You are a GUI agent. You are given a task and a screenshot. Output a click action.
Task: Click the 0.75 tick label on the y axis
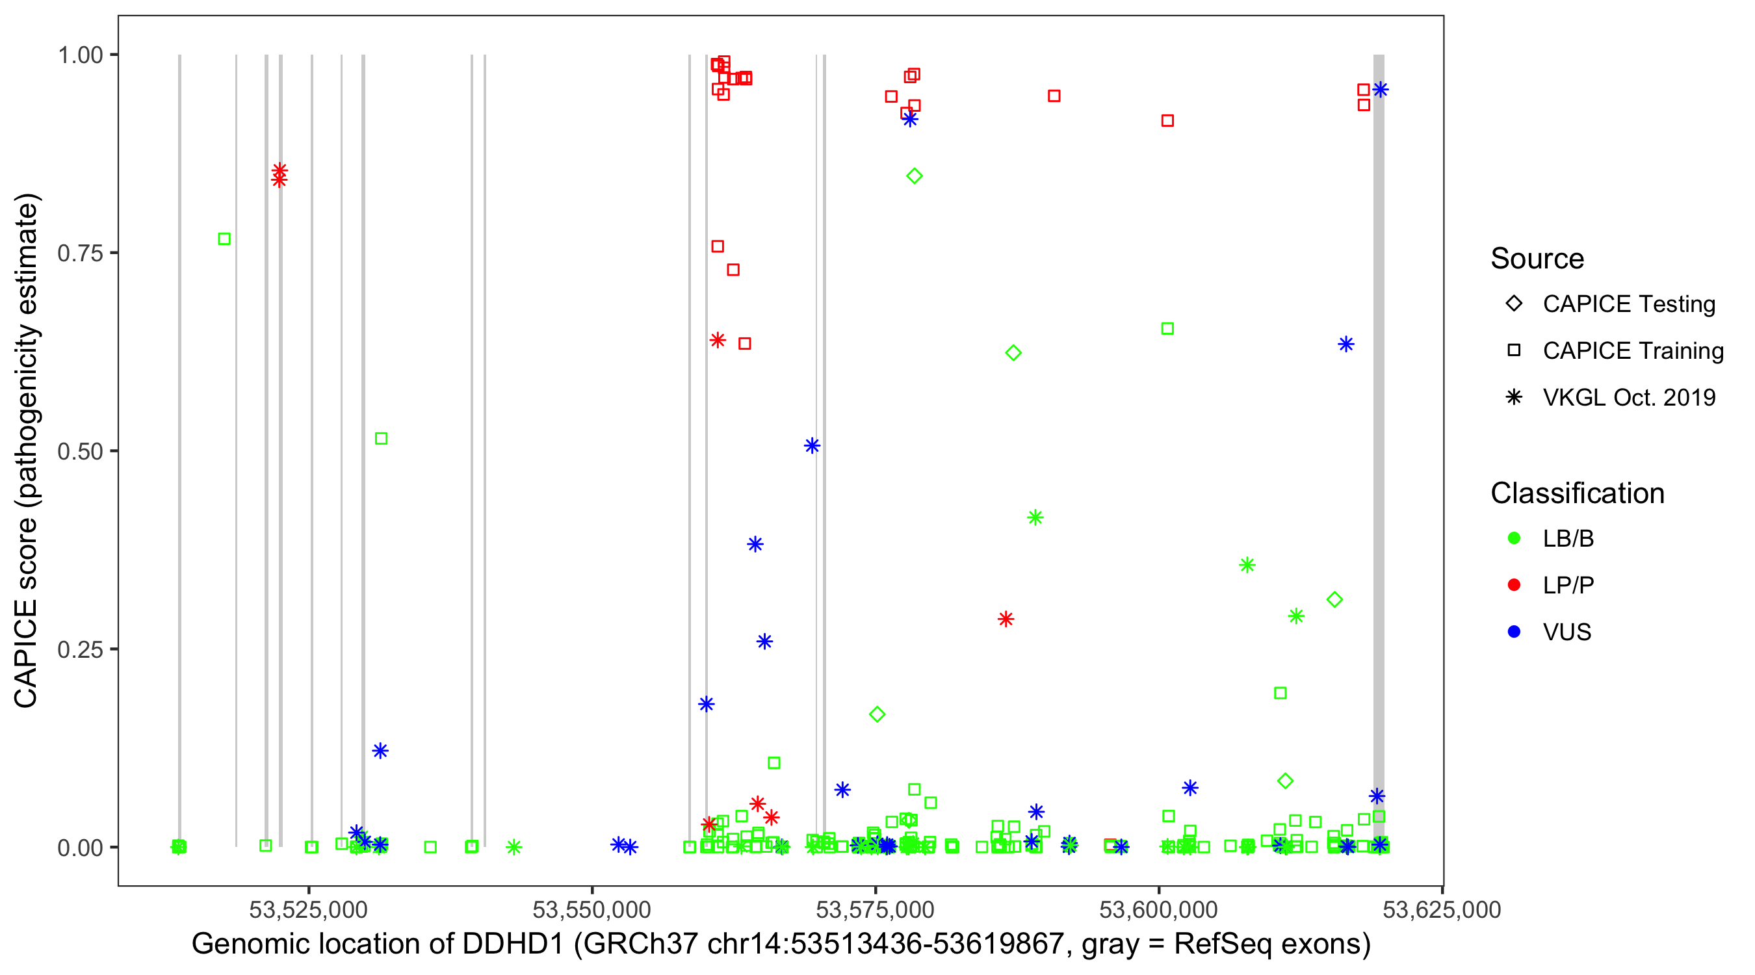(x=79, y=253)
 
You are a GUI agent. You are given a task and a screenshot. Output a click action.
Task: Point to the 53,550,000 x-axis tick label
(x=592, y=909)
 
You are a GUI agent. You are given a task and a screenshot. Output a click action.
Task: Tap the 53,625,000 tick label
(x=1442, y=909)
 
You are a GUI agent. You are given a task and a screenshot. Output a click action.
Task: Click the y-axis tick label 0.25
(x=79, y=649)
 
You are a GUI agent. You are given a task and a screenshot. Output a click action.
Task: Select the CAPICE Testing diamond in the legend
(x=1514, y=304)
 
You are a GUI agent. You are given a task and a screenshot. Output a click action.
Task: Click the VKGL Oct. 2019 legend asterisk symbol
(x=1514, y=397)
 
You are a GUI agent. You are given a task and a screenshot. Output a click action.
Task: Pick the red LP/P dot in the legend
(x=1514, y=585)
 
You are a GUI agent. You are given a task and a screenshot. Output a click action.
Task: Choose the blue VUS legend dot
(x=1514, y=632)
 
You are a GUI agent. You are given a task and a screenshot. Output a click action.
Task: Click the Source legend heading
(x=1537, y=259)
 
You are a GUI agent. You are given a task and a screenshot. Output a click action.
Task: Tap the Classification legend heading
(x=1577, y=493)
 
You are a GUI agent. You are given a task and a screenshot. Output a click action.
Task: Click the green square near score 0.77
(x=224, y=239)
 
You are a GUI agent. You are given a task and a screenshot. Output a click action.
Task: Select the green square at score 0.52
(x=382, y=438)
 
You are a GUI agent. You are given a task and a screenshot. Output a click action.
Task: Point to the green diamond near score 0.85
(x=915, y=176)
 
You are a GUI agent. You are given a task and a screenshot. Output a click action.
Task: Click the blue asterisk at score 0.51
(x=812, y=446)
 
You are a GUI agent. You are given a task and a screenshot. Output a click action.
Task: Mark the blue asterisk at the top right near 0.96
(x=1381, y=90)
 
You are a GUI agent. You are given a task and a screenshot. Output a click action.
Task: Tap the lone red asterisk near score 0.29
(x=1006, y=619)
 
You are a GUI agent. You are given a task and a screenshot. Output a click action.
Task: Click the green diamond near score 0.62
(x=1013, y=353)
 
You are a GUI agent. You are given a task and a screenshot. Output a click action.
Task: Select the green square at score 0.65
(x=1167, y=329)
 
